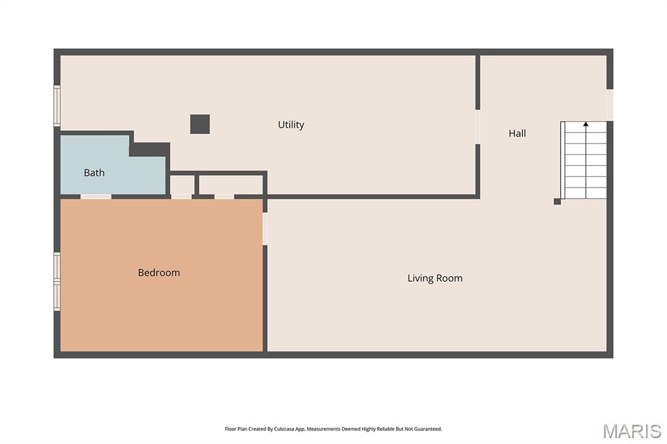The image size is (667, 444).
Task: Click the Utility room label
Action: (x=291, y=124)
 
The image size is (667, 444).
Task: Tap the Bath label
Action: (x=94, y=173)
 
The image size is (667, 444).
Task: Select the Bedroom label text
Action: (x=159, y=273)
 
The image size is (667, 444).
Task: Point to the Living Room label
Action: (x=434, y=278)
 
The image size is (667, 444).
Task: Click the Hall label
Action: (x=517, y=133)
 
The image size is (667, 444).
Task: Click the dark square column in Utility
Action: (x=200, y=124)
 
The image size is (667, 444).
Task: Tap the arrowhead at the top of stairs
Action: (x=586, y=124)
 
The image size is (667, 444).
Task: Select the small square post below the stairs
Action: (x=558, y=202)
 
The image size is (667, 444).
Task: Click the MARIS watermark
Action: (x=632, y=431)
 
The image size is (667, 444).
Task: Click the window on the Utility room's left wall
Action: (x=57, y=106)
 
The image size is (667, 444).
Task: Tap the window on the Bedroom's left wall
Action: (x=57, y=281)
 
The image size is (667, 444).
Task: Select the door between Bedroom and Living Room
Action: (x=265, y=229)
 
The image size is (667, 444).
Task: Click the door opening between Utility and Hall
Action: (x=477, y=127)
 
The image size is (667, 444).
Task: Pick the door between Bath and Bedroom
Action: (x=96, y=197)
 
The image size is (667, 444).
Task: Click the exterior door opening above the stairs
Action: (x=610, y=105)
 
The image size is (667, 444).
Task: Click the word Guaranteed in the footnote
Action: (x=427, y=429)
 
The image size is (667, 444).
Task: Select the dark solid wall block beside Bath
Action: (x=150, y=149)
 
